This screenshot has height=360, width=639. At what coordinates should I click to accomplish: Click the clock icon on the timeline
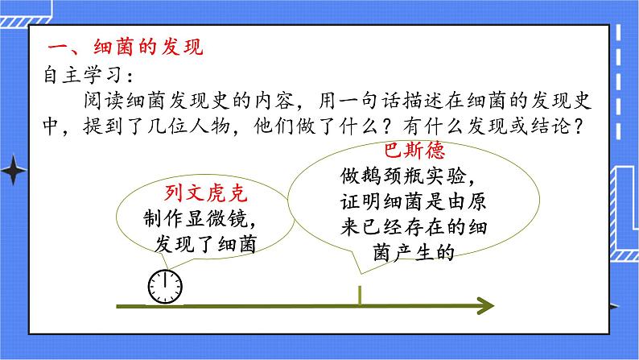[x=165, y=286]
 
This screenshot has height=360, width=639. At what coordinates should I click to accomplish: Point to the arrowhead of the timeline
[x=484, y=305]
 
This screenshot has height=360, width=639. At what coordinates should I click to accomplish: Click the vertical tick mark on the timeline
[x=360, y=295]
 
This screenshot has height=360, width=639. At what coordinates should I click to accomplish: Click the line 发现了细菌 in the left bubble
[x=201, y=244]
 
